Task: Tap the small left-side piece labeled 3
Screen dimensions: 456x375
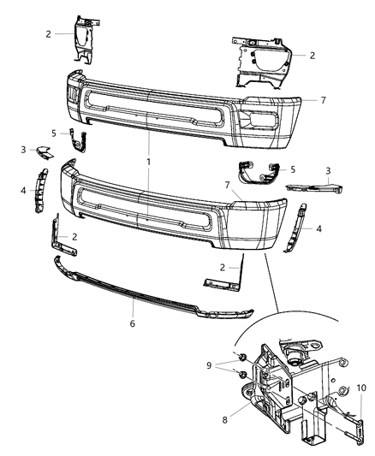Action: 43,153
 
